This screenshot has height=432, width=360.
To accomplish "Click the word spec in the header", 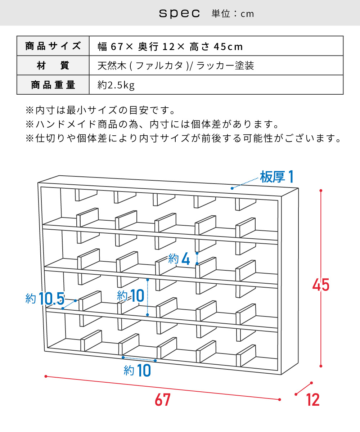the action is pyautogui.click(x=179, y=14).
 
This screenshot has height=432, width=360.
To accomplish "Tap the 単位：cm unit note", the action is pyautogui.click(x=233, y=14).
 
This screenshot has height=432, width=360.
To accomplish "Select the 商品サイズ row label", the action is pyautogui.click(x=53, y=46).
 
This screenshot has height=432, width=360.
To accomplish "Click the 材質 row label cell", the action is pyautogui.click(x=53, y=66).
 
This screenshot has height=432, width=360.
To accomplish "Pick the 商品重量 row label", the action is pyautogui.click(x=53, y=85).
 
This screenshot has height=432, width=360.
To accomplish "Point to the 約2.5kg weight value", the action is pyautogui.click(x=116, y=85).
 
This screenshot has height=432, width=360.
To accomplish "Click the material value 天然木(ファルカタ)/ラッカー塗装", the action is pyautogui.click(x=176, y=66).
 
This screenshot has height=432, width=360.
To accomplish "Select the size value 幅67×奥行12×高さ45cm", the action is pyautogui.click(x=170, y=46).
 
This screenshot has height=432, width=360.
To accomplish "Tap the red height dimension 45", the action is pyautogui.click(x=321, y=285).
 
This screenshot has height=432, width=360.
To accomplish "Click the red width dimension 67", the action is pyautogui.click(x=163, y=400).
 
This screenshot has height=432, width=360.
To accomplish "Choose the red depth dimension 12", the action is pyautogui.click(x=312, y=400).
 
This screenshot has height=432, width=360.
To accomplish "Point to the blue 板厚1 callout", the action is pyautogui.click(x=277, y=177).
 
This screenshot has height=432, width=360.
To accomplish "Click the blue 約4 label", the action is pyautogui.click(x=179, y=259).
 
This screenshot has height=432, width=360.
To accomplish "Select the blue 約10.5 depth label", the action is pyautogui.click(x=45, y=298).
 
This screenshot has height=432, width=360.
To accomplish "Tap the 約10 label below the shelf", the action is pyautogui.click(x=137, y=370).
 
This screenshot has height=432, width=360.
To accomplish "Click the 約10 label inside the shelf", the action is pyautogui.click(x=131, y=296).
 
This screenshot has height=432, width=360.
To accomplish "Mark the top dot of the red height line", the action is pyautogui.click(x=321, y=190).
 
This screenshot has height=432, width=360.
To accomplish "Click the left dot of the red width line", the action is pyautogui.click(x=46, y=376).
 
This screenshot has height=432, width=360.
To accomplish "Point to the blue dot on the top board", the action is pyautogui.click(x=232, y=188).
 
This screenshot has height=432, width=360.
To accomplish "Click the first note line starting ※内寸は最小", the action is pyautogui.click(x=100, y=110).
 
